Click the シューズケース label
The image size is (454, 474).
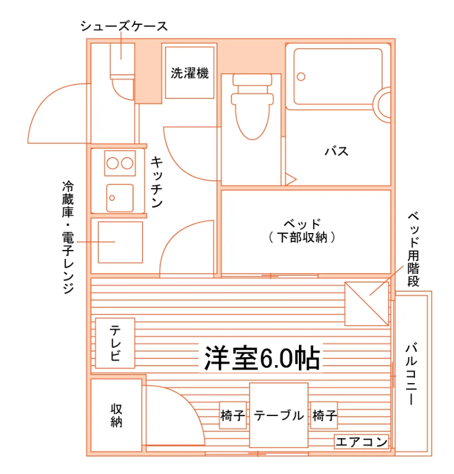[124, 27]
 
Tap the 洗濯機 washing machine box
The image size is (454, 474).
[189, 73]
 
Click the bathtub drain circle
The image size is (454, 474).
[301, 77]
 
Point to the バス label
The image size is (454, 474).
[337, 151]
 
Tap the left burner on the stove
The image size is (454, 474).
[112, 163]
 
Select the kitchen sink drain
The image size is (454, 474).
[112, 198]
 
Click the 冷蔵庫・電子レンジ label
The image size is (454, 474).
[68, 238]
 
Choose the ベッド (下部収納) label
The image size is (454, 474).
[302, 231]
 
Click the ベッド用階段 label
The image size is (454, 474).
[413, 249]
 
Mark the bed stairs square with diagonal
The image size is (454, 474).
[367, 304]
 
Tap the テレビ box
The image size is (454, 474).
[115, 343]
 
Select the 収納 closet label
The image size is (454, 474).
[116, 415]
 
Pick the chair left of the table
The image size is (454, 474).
[232, 415]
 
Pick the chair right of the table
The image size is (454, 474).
[324, 415]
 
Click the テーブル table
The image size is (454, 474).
[279, 415]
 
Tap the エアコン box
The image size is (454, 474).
[362, 442]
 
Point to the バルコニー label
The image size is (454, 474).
[411, 374]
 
